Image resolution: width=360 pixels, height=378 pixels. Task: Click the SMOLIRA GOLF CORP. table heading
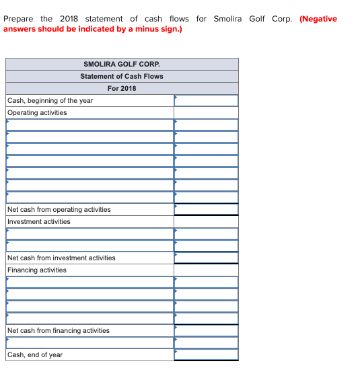point(122,64)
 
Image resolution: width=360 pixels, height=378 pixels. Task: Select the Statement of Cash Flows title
point(122,76)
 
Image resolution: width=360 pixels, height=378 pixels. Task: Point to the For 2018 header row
point(122,88)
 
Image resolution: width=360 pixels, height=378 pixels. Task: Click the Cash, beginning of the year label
point(50,100)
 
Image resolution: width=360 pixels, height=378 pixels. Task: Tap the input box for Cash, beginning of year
point(206,100)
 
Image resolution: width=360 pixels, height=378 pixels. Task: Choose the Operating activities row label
point(37,112)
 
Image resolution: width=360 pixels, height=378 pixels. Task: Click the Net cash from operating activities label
point(59,209)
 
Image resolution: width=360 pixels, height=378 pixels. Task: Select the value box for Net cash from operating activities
point(206,209)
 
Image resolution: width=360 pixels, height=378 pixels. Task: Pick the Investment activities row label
point(39,221)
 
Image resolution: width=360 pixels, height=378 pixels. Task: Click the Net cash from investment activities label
point(61,258)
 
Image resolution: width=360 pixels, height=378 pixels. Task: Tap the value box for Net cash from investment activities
point(206,258)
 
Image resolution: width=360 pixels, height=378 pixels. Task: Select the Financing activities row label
point(37,270)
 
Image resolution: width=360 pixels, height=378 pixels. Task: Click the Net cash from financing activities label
point(59,330)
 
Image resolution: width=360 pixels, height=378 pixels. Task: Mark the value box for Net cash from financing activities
point(206,330)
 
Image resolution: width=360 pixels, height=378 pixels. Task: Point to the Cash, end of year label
point(35,354)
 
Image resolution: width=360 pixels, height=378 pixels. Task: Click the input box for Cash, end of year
point(206,354)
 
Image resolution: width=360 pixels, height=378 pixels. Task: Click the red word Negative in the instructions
point(318,19)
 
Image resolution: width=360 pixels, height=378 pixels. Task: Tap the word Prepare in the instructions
point(18,19)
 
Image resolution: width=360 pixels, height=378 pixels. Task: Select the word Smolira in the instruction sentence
point(229,19)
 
